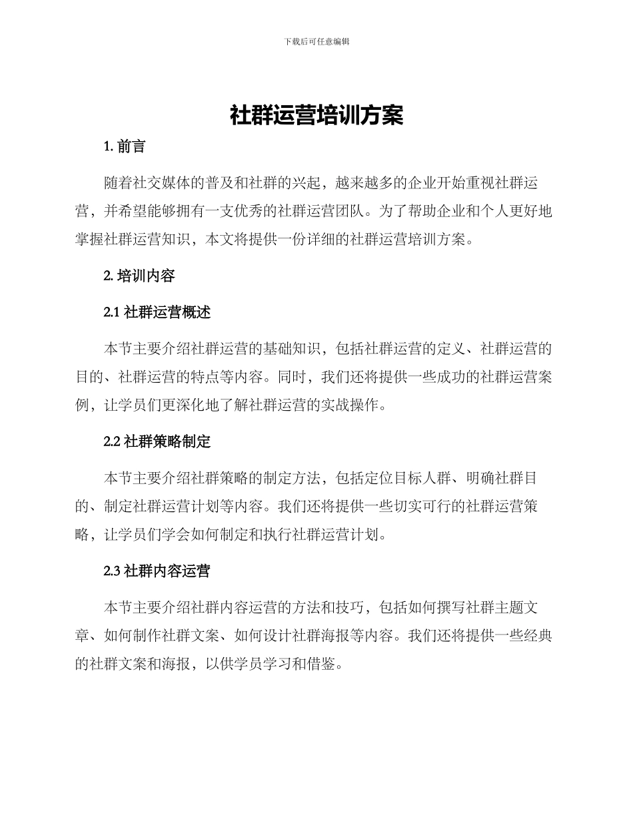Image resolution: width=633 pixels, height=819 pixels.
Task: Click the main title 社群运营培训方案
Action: [x=316, y=116]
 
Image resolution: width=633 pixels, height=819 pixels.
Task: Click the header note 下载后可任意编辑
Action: [x=316, y=41]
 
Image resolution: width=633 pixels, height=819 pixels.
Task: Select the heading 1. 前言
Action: [x=125, y=147]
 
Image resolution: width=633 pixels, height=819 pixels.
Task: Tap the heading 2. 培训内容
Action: [x=139, y=276]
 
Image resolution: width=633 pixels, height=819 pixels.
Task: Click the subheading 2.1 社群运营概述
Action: [x=157, y=312]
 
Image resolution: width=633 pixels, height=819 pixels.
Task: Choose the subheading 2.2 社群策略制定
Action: [x=157, y=441]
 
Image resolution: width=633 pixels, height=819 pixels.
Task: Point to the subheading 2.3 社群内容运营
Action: [x=157, y=571]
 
